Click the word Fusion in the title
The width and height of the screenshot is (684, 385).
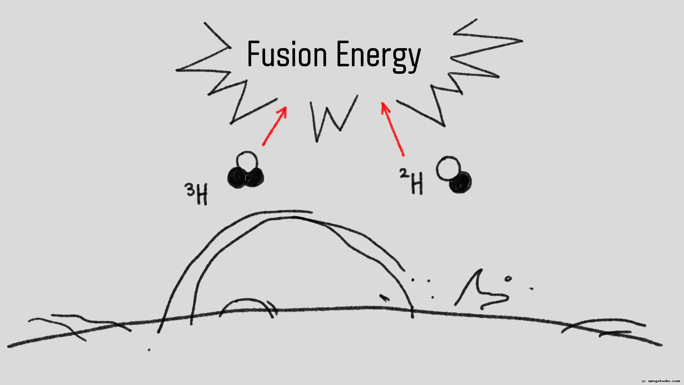tap(287, 54)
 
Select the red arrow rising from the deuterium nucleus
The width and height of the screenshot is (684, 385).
tap(392, 129)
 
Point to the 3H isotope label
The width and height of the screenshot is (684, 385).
tap(197, 194)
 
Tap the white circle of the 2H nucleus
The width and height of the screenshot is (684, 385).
tap(449, 168)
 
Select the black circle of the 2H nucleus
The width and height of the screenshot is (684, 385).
tap(460, 183)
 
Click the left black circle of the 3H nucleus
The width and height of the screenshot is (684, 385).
tap(237, 178)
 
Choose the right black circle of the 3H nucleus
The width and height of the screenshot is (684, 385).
tap(254, 177)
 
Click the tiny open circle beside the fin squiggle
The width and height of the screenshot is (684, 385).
tap(508, 279)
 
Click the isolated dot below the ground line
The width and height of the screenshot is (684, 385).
tap(149, 350)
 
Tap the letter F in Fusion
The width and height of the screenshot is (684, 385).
tap(254, 54)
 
